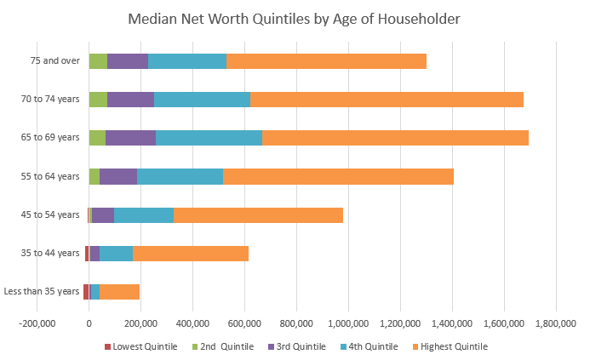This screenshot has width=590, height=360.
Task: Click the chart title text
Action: tap(295, 18)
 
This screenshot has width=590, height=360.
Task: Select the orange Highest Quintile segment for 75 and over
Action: tap(326, 61)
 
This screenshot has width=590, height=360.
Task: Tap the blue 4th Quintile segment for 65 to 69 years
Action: tap(209, 138)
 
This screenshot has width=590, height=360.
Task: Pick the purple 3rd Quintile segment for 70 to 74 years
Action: tap(130, 100)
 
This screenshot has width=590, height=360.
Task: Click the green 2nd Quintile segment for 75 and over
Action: tap(98, 61)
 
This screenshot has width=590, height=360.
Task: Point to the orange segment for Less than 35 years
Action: tap(119, 292)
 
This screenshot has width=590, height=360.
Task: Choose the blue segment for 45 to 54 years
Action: tap(144, 215)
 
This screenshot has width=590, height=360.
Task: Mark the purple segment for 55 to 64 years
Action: tap(118, 177)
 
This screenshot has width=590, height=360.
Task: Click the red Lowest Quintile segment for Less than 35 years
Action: tap(86, 292)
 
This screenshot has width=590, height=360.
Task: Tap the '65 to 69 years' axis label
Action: tap(51, 138)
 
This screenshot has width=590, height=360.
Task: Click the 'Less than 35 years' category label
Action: tap(42, 292)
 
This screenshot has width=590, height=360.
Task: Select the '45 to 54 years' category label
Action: tap(51, 215)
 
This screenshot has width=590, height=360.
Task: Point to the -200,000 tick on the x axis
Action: tap(37, 323)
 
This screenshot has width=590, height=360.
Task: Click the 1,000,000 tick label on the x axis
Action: tap(348, 323)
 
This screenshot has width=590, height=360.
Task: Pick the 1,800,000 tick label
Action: tap(556, 323)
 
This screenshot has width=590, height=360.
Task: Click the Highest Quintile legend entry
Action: tap(450, 346)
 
